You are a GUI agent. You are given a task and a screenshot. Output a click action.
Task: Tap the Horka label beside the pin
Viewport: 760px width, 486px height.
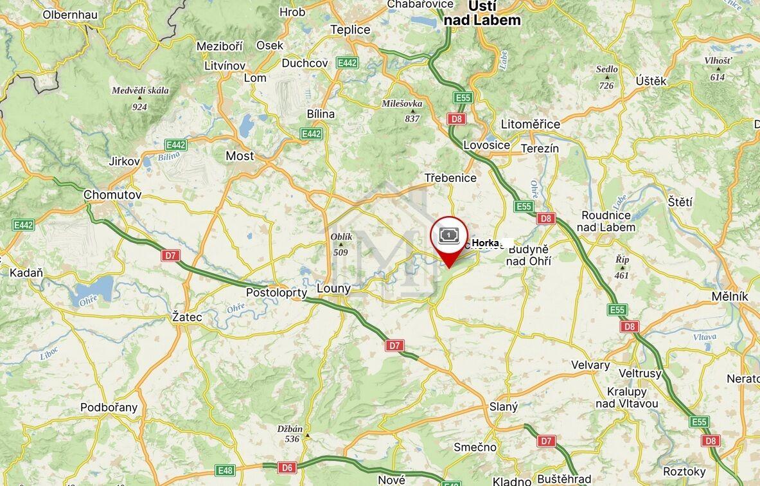point(485,243)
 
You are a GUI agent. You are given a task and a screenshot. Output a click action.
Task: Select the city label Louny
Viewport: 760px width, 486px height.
point(334,289)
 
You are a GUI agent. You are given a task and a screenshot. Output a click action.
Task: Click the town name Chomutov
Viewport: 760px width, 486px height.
point(112,195)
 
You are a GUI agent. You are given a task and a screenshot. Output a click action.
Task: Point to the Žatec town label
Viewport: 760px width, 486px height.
point(188,317)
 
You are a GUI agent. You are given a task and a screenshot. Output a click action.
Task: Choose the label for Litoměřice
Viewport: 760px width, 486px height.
point(530,124)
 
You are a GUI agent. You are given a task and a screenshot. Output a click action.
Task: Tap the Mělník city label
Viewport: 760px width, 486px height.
point(730,296)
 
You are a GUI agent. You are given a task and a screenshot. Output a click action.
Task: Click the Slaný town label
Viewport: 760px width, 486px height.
point(503,407)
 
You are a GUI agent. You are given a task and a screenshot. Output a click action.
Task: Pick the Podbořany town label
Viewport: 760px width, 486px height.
point(109,408)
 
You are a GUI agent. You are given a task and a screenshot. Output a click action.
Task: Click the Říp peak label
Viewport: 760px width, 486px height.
point(621,260)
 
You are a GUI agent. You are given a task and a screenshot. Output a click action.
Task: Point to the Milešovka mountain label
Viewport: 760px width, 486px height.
point(402,103)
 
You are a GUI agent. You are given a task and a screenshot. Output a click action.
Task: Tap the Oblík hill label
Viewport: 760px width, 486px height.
point(341,237)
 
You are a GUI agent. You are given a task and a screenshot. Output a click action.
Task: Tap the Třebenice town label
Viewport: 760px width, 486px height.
point(450,178)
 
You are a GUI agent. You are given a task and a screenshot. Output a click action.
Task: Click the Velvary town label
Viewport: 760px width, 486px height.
point(590,365)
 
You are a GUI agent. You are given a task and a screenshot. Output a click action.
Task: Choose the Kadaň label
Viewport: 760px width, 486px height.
point(26,273)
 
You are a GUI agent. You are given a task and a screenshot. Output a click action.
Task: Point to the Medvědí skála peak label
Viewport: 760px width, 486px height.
point(140,91)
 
